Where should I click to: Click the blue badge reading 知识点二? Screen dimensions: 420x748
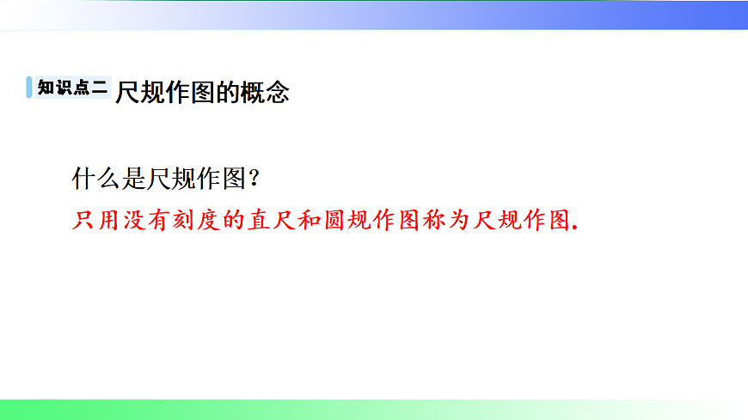74,88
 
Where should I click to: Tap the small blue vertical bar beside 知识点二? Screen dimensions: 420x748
30,88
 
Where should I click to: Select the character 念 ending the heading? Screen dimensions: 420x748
277,91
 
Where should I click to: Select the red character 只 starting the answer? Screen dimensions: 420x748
84,220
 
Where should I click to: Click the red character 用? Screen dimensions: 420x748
109,220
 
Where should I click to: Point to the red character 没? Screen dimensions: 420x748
135,220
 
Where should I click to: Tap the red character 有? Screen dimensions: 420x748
160,220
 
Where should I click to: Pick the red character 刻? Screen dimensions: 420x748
186,220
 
